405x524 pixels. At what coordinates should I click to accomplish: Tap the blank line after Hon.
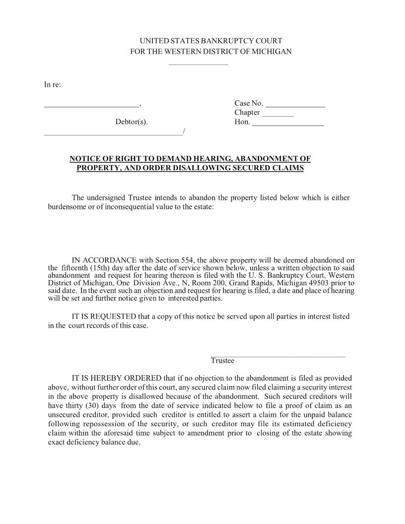pyautogui.click(x=288, y=125)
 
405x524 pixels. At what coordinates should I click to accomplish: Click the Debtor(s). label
pyautogui.click(x=132, y=122)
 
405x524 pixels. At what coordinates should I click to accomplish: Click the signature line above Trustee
pyautogui.click(x=278, y=356)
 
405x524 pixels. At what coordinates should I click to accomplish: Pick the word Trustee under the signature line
pyautogui.click(x=222, y=361)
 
